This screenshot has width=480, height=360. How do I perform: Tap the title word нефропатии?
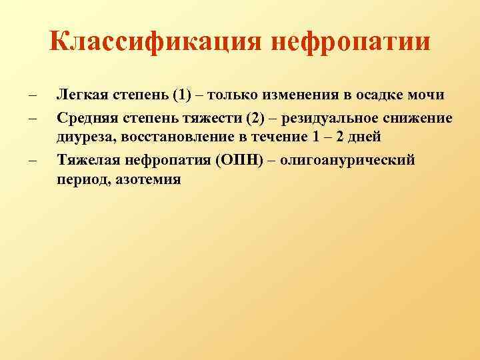click(x=350, y=43)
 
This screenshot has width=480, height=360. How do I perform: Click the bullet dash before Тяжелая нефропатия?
click(x=31, y=161)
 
